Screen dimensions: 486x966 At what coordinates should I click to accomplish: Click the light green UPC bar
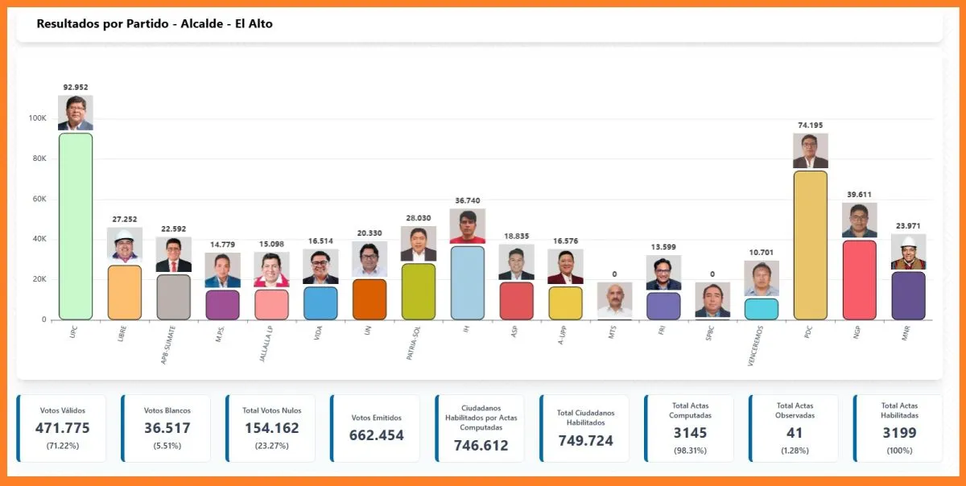point(76,226)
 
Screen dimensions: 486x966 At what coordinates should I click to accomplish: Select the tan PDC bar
point(810,245)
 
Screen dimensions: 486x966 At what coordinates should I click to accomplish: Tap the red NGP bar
point(859,279)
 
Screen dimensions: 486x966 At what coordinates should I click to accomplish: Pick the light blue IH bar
point(467,282)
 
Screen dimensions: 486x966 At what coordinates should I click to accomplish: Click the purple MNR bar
point(908,295)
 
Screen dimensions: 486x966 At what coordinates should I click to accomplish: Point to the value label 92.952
point(76,87)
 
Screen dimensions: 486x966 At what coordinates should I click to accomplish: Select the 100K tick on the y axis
point(37,118)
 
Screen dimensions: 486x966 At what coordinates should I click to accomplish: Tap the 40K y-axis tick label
point(39,239)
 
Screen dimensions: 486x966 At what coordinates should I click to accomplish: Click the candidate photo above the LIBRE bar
point(125,245)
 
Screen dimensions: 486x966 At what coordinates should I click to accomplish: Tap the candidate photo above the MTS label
point(614,300)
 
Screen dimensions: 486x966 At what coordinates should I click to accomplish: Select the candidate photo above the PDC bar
point(810,151)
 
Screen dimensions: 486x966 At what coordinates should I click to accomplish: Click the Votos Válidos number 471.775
point(62,428)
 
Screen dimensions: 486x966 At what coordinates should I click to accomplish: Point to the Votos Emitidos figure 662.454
point(376,435)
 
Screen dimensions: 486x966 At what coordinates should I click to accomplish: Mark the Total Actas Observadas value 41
point(795,433)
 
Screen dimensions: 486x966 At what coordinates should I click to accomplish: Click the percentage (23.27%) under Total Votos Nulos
point(271,446)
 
